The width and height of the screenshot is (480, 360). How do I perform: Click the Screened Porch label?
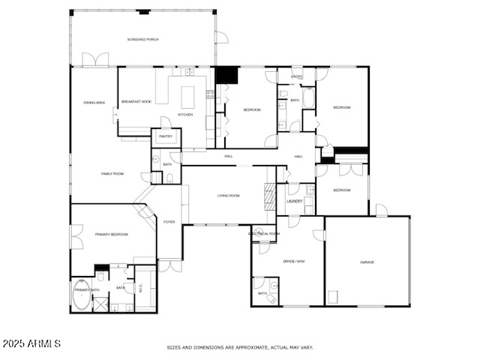(x=142, y=39)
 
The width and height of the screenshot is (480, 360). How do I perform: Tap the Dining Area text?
(x=94, y=102)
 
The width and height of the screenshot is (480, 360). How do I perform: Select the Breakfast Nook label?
(x=136, y=101)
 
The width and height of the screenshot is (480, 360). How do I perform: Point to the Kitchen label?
(x=185, y=115)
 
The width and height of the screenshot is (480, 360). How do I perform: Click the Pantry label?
(x=166, y=136)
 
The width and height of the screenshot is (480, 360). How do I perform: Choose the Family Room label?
(x=112, y=173)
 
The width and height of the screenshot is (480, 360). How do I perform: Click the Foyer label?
(x=169, y=222)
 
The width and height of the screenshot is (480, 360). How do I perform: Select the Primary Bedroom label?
(x=111, y=235)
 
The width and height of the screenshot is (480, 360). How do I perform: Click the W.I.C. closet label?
(x=140, y=286)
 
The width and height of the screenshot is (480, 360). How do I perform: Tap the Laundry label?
(x=295, y=201)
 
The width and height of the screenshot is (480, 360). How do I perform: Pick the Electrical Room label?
(x=264, y=233)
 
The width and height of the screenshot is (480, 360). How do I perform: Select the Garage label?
(x=367, y=262)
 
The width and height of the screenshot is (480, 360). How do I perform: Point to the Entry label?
(x=297, y=76)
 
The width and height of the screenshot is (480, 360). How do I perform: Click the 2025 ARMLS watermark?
(x=31, y=343)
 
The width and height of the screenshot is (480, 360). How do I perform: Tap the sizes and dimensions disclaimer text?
(x=239, y=347)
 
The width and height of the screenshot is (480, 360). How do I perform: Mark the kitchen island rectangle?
(x=187, y=97)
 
